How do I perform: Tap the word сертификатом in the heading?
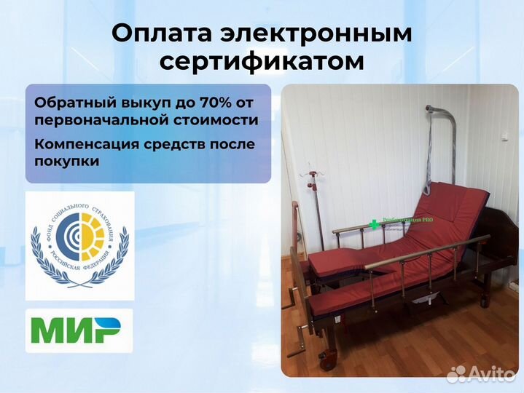[262, 63]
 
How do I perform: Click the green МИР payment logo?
[79, 331]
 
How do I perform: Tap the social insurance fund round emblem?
[79, 245]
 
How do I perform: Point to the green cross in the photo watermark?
[375, 224]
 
